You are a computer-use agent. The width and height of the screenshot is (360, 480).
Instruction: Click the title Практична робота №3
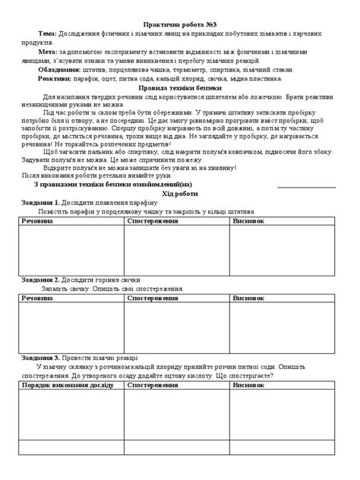point(180,24)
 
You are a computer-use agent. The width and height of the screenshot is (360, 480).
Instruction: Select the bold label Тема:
point(45,35)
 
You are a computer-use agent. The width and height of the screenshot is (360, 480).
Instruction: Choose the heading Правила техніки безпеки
point(180,88)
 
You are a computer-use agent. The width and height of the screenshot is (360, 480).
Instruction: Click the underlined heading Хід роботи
point(180,194)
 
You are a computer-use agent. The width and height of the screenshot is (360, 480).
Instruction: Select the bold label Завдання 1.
point(36,203)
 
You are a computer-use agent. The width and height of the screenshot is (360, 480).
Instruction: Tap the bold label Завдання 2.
point(36,279)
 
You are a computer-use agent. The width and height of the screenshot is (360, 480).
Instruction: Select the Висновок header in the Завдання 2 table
point(250,298)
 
